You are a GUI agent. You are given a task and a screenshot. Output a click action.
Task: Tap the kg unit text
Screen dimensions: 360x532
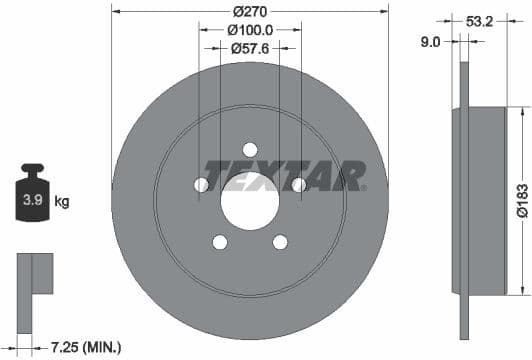[62, 202]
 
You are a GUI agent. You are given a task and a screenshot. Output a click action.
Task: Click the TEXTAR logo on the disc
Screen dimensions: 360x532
[283, 176]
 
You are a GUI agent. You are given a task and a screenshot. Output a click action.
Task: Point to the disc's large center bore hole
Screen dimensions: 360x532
[249, 193]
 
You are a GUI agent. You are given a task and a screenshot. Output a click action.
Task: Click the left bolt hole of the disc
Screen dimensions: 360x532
[201, 185]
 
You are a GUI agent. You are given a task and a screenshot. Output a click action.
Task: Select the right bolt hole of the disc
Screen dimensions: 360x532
[298, 184]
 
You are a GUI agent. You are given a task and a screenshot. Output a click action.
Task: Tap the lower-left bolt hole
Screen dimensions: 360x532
[219, 241]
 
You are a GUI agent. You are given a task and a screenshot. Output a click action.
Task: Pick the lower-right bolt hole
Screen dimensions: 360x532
[280, 241]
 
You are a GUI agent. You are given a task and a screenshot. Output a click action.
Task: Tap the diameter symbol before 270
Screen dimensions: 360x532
[236, 11]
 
